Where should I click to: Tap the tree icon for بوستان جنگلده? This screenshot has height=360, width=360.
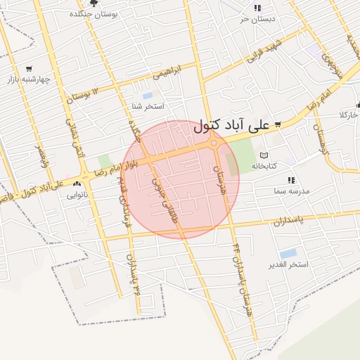coord(94,4)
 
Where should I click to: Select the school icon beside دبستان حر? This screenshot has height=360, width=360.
coord(257,8)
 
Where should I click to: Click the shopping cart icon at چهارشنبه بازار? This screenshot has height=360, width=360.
coord(29,69)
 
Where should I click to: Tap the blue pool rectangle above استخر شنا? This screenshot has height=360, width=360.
coord(147,95)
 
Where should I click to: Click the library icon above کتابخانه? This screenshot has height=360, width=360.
coord(264,155)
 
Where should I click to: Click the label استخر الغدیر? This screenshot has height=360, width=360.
coord(289,265)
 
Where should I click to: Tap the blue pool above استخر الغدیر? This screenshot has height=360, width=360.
coord(288,253)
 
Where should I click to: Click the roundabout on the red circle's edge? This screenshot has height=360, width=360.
coord(214,143)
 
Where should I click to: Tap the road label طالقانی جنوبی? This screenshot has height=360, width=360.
coord(163,204)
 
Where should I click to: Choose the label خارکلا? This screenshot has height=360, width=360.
coord(349,114)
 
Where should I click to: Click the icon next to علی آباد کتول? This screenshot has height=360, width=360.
coord(278,124)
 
